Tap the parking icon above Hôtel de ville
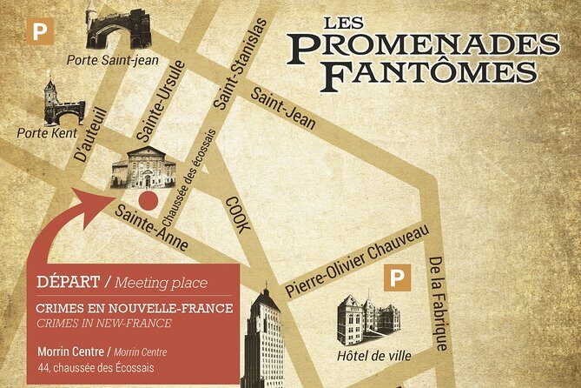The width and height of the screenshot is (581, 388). tap(397, 279)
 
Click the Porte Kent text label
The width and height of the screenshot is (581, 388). tap(47, 134)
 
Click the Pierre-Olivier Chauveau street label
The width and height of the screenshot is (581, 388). tap(356, 260)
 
